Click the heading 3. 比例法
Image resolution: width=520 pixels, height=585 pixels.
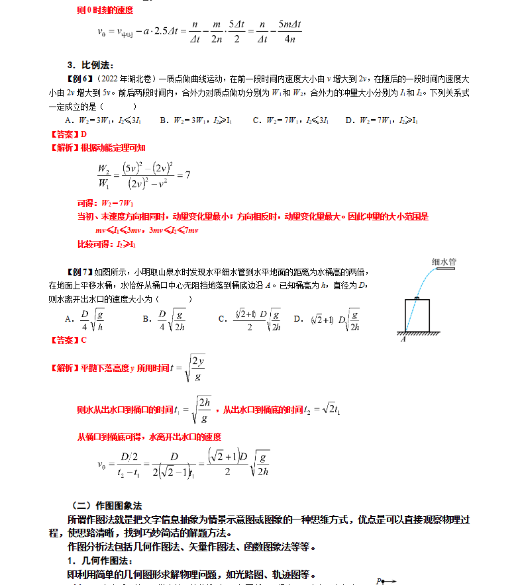coord(91,65)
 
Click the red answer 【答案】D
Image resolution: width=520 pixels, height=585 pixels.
coord(68,134)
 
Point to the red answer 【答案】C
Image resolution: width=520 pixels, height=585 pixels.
coord(68,340)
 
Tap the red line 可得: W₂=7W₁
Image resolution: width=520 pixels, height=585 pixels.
coord(106,202)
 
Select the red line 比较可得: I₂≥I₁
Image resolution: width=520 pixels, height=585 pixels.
coord(106,244)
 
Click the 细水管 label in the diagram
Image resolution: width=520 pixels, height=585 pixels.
coord(443,261)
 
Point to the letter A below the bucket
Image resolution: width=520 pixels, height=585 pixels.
coord(402,339)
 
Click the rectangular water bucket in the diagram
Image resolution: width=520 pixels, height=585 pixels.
coord(417,315)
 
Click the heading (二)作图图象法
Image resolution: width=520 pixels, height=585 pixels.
coord(106,506)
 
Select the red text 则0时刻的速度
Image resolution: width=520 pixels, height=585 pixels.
coord(105,10)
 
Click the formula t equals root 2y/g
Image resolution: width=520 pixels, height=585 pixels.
coord(189,368)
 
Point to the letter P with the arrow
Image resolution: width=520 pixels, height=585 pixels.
coord(384,581)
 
